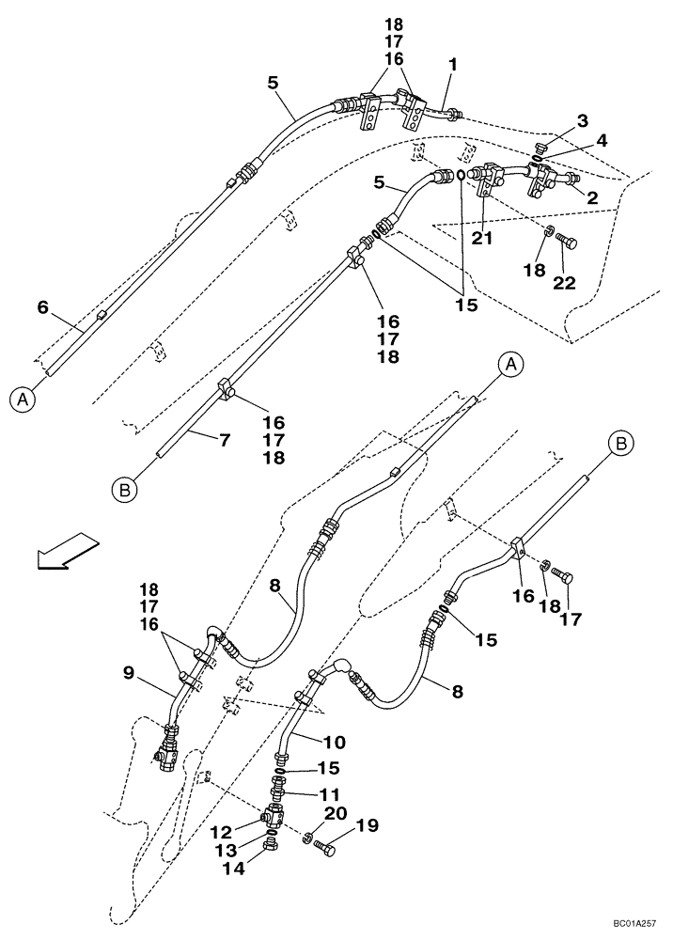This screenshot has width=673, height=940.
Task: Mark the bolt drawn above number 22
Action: (x=566, y=243)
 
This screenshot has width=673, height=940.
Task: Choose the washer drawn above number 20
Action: (x=308, y=837)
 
